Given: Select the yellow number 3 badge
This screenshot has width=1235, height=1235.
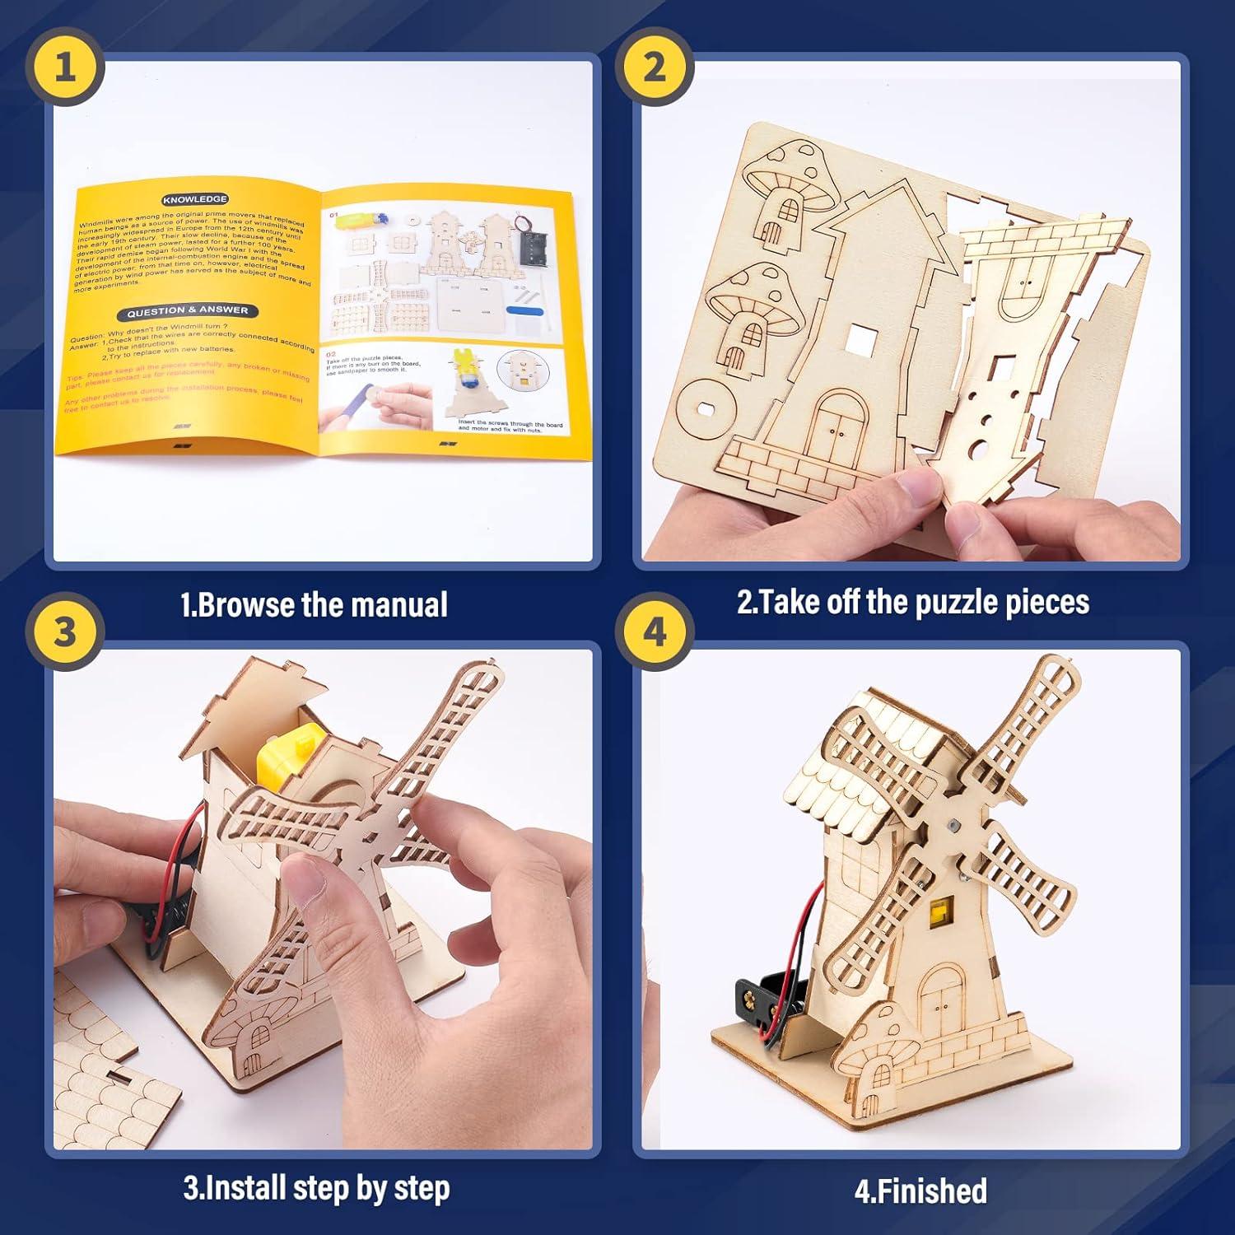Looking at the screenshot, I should click(64, 632).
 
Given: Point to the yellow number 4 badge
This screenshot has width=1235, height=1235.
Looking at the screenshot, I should click(654, 632).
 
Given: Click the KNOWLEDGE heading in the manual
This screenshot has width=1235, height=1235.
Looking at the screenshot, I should click(195, 199).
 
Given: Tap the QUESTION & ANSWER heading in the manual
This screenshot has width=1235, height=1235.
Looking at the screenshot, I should click(187, 311).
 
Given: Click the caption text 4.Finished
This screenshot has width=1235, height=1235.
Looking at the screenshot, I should click(920, 1191).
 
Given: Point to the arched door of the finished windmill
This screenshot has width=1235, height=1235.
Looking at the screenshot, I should click(941, 998).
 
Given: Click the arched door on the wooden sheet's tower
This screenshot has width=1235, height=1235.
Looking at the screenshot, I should click(839, 422).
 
